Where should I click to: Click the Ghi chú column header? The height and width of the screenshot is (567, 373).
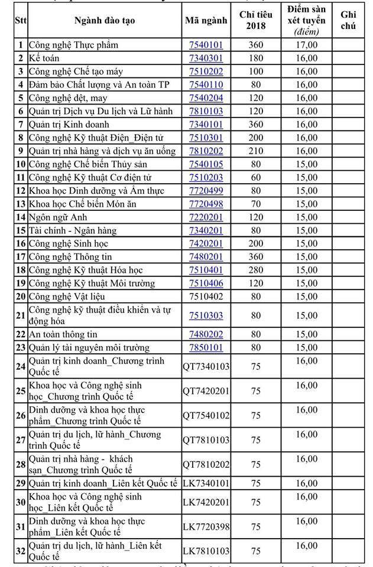pos(348,21)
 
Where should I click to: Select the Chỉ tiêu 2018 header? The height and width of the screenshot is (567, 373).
pos(255,21)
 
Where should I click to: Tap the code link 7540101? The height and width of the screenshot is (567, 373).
pos(206,45)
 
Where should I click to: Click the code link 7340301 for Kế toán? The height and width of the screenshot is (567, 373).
pos(206,58)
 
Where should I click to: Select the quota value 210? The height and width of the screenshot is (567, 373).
pos(255,151)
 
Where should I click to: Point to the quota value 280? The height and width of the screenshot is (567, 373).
pos(255,270)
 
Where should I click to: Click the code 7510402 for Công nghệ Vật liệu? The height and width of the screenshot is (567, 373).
pos(206,296)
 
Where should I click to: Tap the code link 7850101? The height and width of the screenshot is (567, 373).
pos(206,347)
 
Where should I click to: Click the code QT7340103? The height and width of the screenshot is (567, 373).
pos(206,367)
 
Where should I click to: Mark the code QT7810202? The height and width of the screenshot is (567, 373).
pos(206,465)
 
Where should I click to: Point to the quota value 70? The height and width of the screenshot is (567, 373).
pos(255,204)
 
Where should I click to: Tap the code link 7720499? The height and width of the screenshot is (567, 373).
pos(206,190)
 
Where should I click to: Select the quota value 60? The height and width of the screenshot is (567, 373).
pos(255,177)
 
